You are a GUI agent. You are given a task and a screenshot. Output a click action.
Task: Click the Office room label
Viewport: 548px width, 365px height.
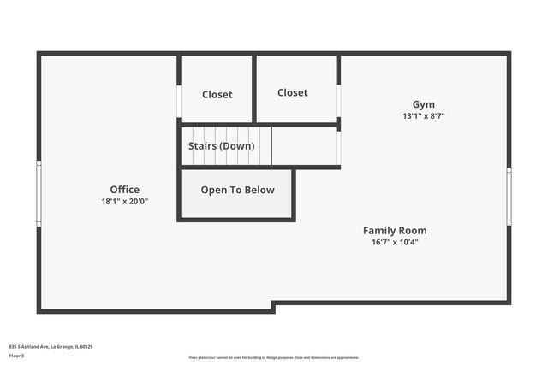[124, 190]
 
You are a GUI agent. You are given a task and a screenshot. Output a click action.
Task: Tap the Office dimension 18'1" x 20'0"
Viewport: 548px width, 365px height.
[124, 202]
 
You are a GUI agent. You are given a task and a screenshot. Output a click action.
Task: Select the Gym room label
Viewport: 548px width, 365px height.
[424, 104]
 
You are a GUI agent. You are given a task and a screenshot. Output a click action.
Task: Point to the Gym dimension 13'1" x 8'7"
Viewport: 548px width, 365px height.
[424, 116]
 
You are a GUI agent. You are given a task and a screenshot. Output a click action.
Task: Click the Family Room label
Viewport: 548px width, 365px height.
[395, 231]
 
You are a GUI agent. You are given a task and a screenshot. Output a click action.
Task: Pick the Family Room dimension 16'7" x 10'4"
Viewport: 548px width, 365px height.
[395, 243]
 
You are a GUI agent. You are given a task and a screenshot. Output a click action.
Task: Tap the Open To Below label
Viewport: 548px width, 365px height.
[237, 191]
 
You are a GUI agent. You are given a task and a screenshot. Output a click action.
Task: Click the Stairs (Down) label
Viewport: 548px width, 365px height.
[221, 146]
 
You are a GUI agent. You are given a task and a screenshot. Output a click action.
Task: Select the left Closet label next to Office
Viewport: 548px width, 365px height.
[217, 95]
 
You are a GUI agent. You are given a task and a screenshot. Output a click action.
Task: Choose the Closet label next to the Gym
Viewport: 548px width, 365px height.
[292, 92]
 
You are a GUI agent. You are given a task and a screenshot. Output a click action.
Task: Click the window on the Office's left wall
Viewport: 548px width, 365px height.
[39, 193]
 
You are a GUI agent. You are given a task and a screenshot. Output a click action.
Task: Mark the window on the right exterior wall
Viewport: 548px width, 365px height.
[509, 196]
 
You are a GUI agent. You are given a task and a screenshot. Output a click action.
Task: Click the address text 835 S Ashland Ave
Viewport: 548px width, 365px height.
[51, 347]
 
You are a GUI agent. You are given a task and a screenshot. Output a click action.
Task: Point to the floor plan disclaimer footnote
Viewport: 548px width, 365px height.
[273, 357]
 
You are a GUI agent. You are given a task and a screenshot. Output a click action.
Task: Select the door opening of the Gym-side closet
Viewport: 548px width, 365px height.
[338, 101]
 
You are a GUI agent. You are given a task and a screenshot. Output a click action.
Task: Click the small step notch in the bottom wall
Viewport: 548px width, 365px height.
[273, 306]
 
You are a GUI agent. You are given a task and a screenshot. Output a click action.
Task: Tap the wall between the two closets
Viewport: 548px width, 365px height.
[254, 89]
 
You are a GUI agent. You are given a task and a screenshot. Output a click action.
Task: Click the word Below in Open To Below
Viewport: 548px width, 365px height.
[260, 191]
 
